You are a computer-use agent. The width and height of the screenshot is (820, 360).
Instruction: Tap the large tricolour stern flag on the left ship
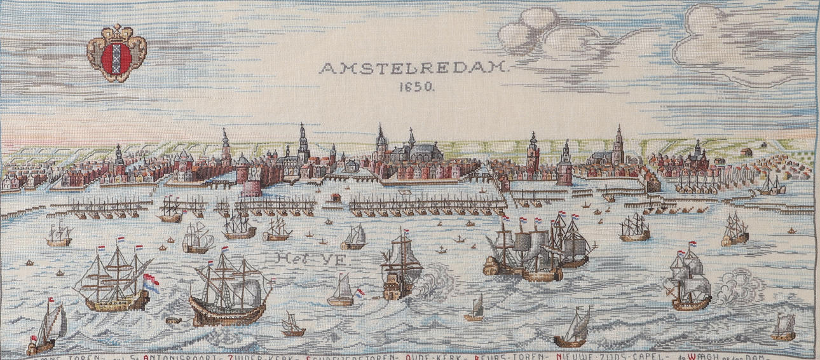(x=149, y=284)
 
